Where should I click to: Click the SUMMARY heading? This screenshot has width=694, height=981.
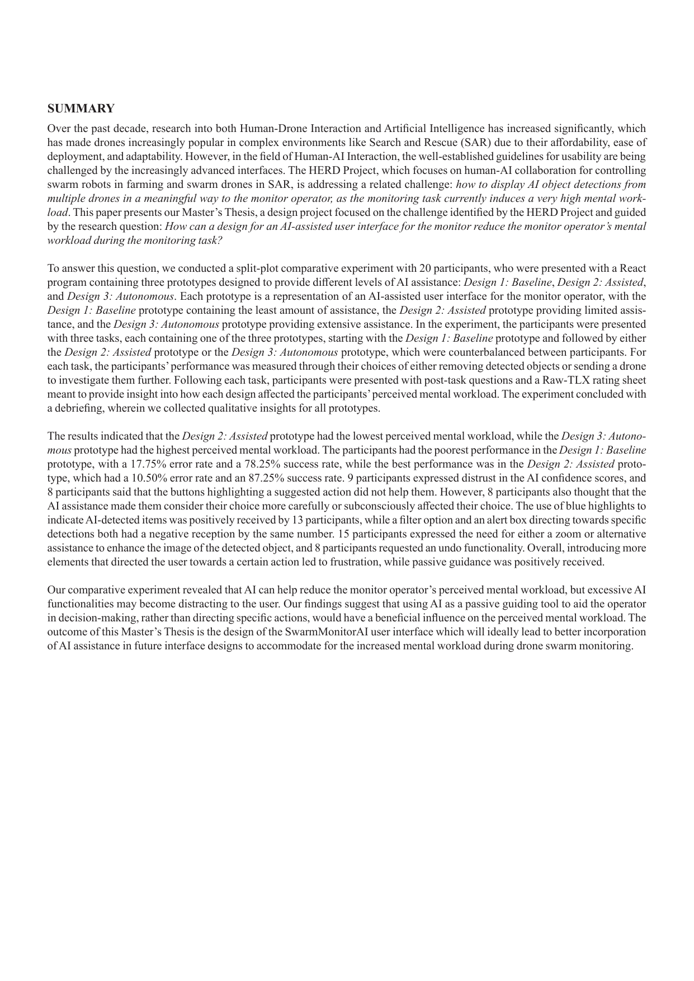(x=81, y=108)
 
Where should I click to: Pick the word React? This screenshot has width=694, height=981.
(x=633, y=268)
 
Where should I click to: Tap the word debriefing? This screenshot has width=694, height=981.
(x=78, y=408)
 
